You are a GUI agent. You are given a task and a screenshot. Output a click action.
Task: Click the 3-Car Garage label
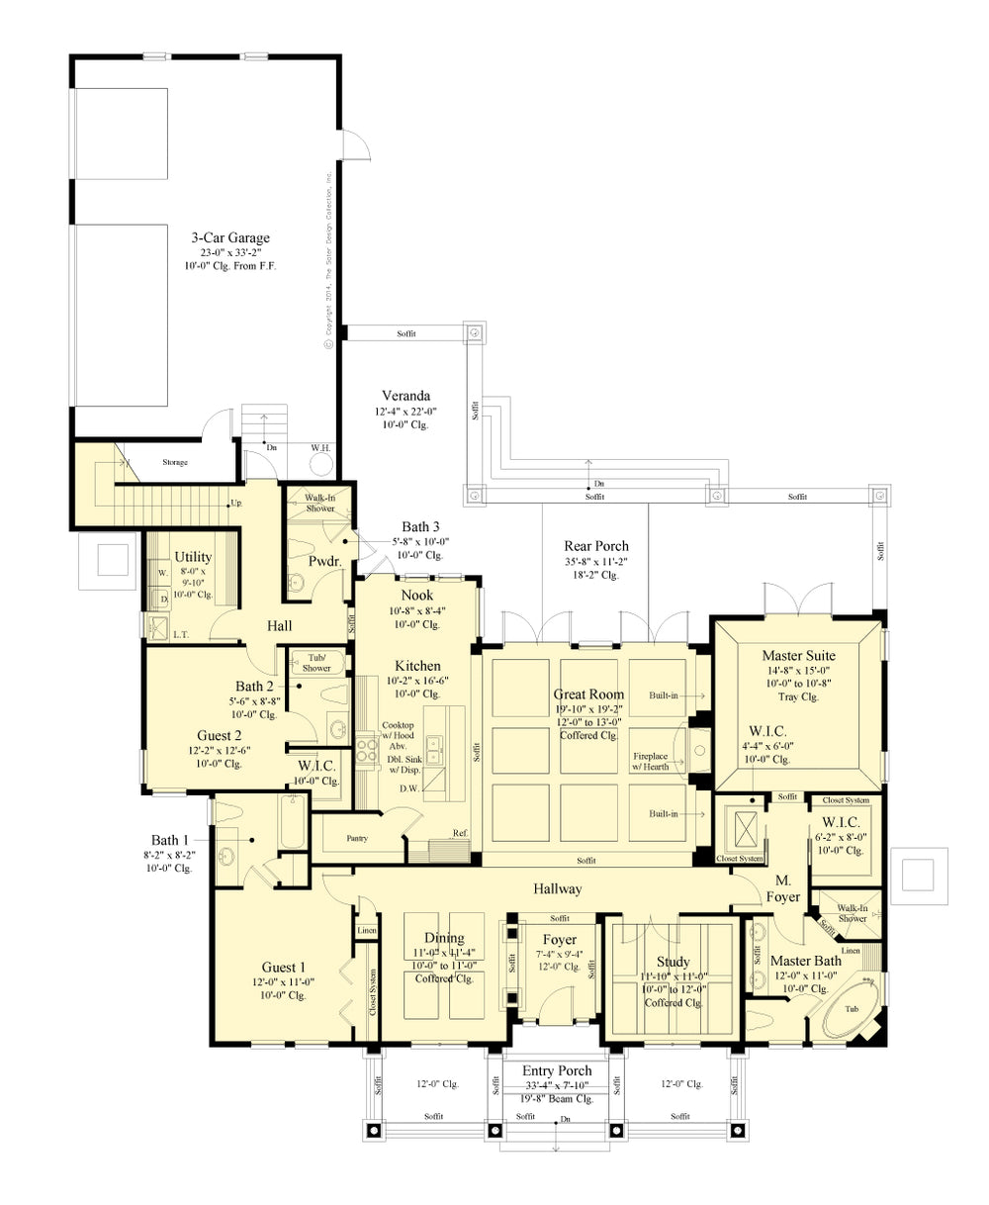tap(230, 237)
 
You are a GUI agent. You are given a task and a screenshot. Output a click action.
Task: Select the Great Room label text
tap(588, 695)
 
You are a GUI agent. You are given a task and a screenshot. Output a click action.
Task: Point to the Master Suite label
tap(798, 655)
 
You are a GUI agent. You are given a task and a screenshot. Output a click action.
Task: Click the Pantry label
tap(357, 838)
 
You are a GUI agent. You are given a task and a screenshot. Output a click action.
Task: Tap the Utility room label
tap(192, 557)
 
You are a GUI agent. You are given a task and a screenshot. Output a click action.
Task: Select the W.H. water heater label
tap(320, 447)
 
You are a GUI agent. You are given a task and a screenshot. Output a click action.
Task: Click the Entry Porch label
tap(559, 1070)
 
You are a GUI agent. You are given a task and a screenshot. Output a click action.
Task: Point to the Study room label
tap(673, 962)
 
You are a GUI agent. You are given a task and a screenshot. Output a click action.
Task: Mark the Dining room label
tap(444, 938)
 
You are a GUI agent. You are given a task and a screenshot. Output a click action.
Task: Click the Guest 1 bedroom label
tap(283, 967)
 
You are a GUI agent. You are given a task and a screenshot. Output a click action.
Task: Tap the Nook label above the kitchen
tap(415, 595)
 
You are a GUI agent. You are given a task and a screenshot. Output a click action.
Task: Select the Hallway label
tap(559, 888)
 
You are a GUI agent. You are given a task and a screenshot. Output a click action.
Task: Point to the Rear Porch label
tap(595, 545)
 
